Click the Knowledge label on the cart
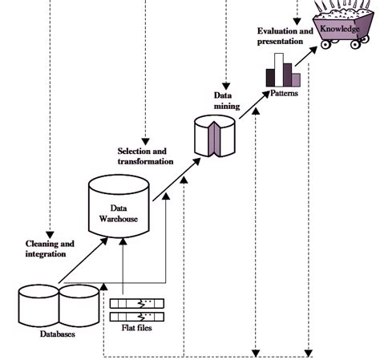[x=340, y=30]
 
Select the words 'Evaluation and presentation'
[x=280, y=35]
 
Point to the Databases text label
[x=58, y=334]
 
